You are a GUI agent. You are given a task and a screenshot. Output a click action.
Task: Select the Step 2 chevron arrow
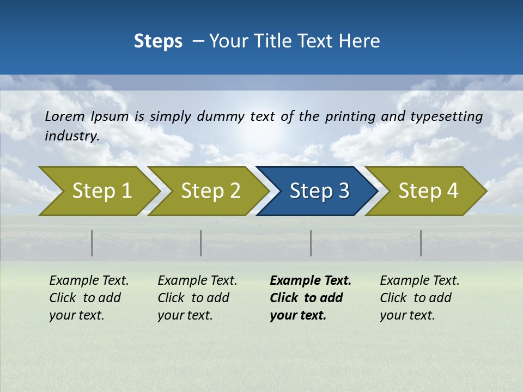tap(210, 191)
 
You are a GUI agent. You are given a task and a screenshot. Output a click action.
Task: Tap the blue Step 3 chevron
tap(319, 191)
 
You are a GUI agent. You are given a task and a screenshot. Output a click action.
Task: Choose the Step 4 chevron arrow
tap(428, 191)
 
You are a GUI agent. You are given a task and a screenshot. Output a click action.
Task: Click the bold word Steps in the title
tap(158, 41)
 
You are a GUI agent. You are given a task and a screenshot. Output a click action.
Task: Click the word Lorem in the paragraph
tap(65, 116)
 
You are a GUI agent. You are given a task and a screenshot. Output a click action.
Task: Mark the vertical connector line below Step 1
tap(92, 243)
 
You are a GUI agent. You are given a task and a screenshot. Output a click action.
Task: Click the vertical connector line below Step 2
tap(201, 243)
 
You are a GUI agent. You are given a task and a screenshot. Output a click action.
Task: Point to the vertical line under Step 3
tap(311, 243)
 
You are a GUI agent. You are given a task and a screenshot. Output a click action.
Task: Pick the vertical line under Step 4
tap(421, 243)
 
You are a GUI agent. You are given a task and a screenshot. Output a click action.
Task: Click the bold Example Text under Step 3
tap(311, 281)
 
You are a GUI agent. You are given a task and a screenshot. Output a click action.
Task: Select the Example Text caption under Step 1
tap(89, 281)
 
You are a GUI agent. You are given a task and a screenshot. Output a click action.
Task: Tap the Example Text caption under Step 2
tap(197, 281)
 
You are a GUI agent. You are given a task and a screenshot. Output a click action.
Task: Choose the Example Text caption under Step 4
tap(419, 281)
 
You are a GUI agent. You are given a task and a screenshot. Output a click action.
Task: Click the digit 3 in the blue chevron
tap(343, 191)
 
